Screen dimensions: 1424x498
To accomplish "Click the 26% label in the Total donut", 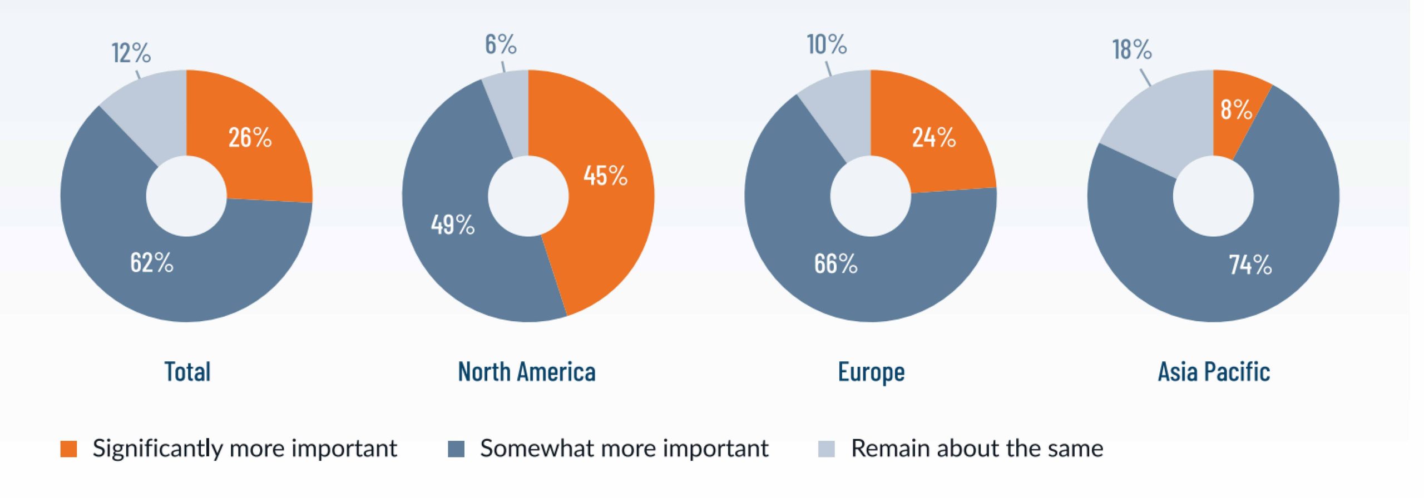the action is [x=250, y=137].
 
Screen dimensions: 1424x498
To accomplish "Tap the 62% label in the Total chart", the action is [x=152, y=262].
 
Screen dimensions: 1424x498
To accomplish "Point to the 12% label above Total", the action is [x=131, y=53].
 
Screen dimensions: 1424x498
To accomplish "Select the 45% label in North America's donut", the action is [x=606, y=176].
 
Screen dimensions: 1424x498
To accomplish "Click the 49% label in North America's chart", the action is [x=453, y=225].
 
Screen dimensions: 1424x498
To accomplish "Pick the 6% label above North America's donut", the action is [x=501, y=44].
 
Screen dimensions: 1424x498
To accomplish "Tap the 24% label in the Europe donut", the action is [x=934, y=137].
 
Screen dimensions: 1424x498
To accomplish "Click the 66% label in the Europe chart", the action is [x=836, y=263].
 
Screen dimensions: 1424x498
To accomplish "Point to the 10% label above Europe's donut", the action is [x=827, y=44].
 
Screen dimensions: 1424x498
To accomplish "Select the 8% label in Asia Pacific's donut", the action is [x=1237, y=109].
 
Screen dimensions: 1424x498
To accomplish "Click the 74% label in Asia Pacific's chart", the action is [x=1250, y=265].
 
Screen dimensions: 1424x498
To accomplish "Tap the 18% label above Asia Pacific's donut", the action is [x=1132, y=49].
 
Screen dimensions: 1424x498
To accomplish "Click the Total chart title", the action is [x=187, y=372].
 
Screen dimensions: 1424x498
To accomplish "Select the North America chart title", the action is [x=527, y=372].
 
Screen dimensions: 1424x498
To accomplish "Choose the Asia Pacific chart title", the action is [x=1214, y=372].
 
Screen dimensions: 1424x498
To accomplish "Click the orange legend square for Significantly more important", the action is [x=68, y=449].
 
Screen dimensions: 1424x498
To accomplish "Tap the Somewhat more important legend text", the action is [x=624, y=449].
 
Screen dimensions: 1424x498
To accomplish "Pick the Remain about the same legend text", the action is [x=977, y=449].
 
